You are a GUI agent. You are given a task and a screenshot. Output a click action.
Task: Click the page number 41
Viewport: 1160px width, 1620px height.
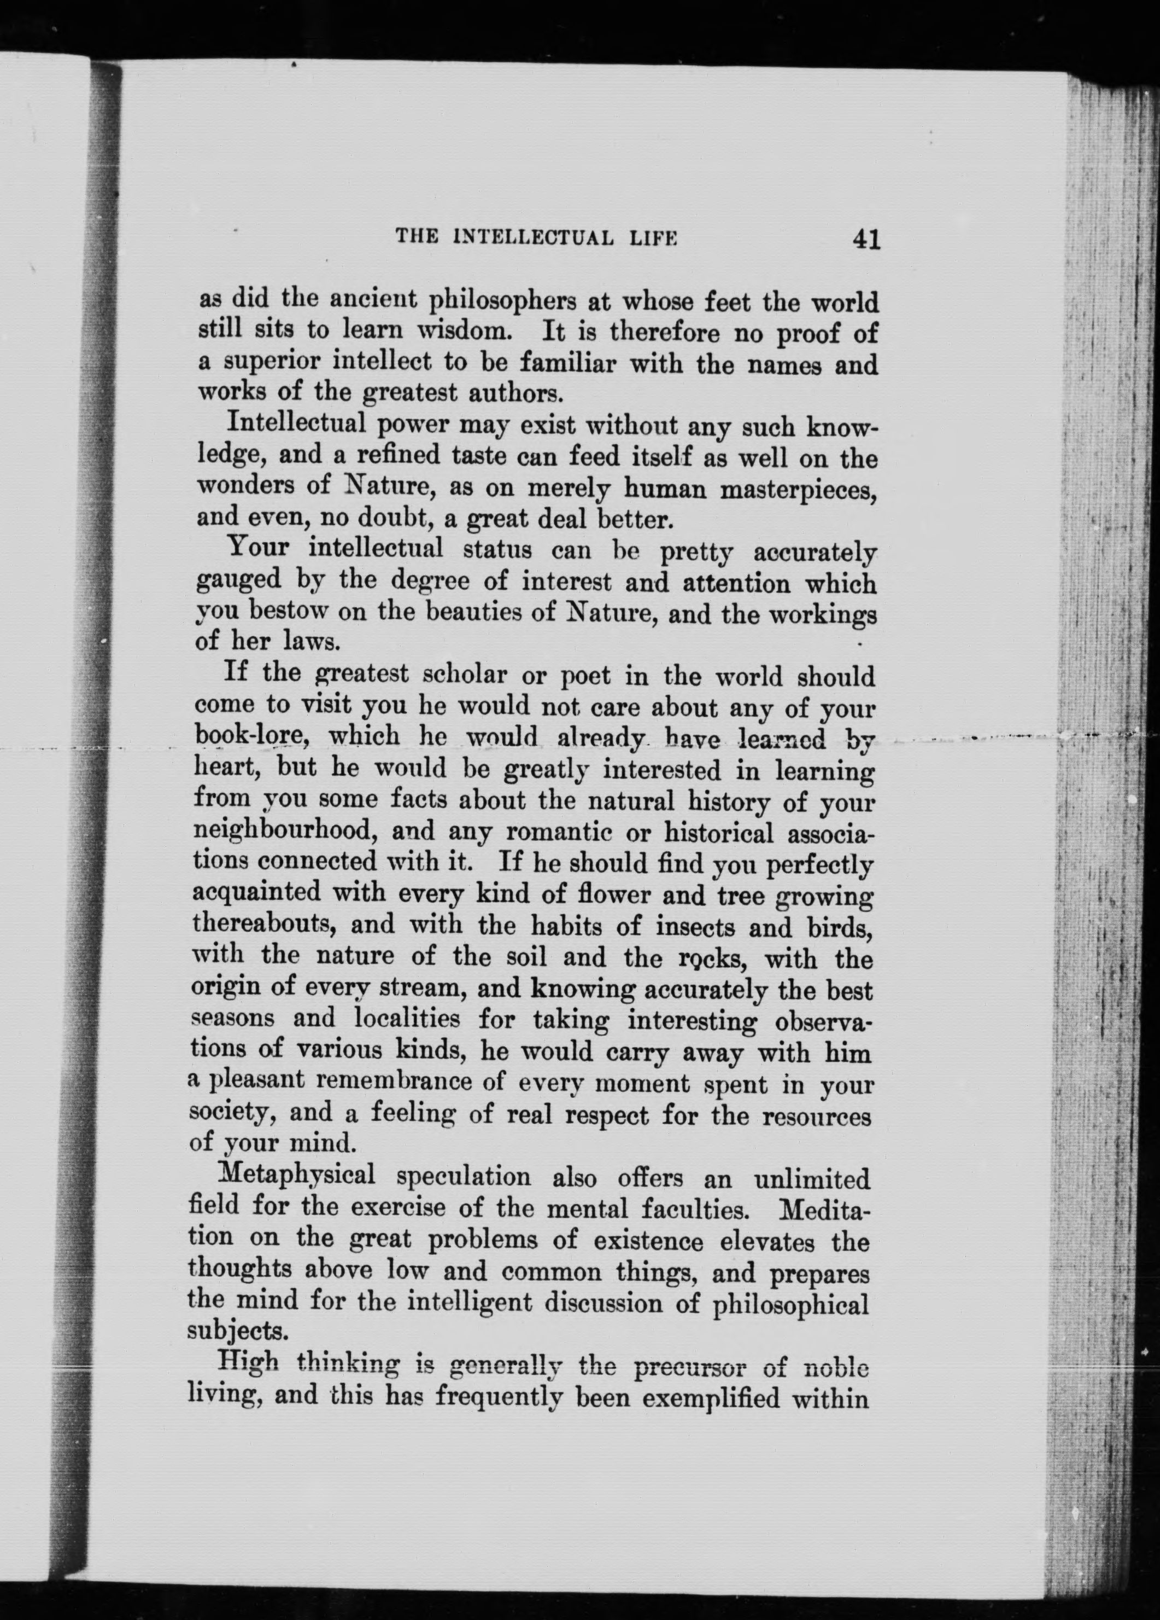click(865, 239)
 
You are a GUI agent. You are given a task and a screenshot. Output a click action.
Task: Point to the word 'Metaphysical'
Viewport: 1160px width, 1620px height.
click(299, 1176)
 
